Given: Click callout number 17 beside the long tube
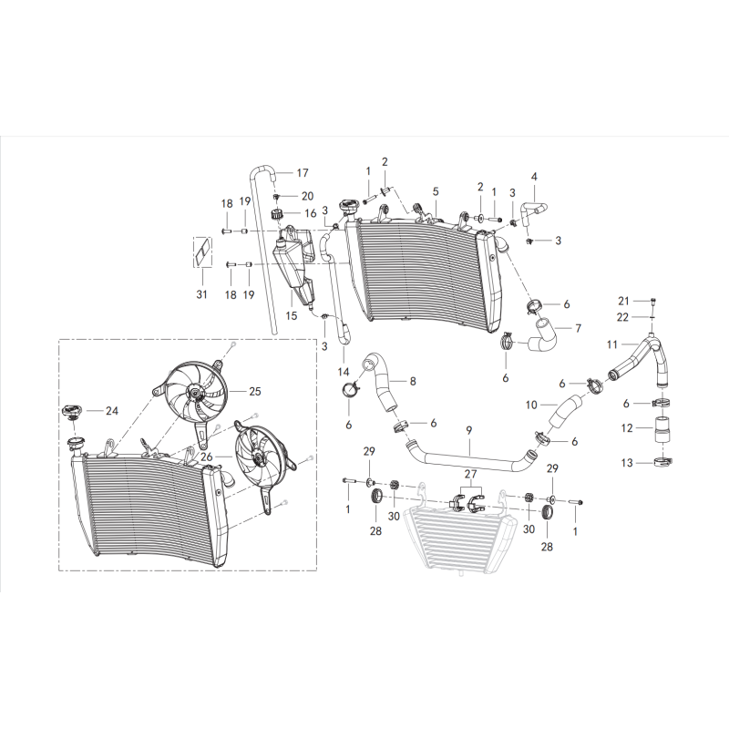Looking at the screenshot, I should [303, 173].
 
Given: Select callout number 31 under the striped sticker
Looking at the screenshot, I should [201, 294].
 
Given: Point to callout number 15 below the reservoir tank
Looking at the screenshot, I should [292, 316].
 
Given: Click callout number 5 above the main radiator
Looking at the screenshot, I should [436, 191].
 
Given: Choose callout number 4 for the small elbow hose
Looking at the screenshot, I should [534, 176].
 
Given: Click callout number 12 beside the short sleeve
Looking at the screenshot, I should [625, 427].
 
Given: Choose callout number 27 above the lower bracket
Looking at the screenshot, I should [471, 475].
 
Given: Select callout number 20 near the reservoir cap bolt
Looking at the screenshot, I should [307, 196].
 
